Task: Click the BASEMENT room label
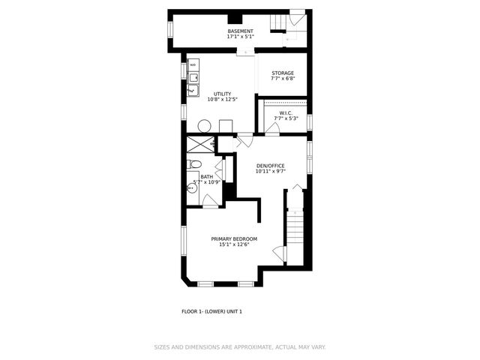click(x=241, y=31)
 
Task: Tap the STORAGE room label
click(x=283, y=73)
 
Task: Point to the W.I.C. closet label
click(x=286, y=113)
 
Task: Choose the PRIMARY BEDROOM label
click(x=233, y=238)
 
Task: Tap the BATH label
click(x=206, y=177)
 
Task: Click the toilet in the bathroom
click(x=194, y=164)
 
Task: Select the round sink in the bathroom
click(x=193, y=190)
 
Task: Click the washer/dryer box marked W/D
click(x=193, y=65)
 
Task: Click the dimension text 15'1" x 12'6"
click(x=233, y=244)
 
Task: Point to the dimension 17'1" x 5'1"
click(x=241, y=37)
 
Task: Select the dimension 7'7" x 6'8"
click(x=283, y=79)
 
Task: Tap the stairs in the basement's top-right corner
click(x=289, y=22)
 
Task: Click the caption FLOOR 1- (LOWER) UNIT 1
click(x=212, y=311)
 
